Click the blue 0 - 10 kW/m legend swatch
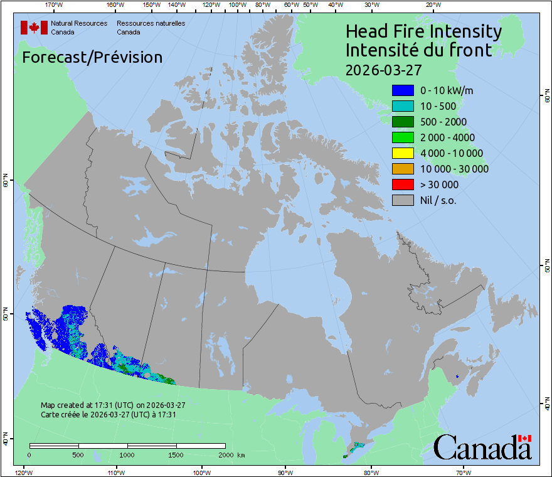(x=402, y=90)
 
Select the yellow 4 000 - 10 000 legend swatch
(x=402, y=153)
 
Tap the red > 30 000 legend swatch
(x=402, y=185)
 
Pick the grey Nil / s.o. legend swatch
(x=402, y=200)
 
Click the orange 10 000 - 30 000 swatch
(x=402, y=169)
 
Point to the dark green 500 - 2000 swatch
(x=402, y=122)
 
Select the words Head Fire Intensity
(x=423, y=31)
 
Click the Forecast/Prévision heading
(x=92, y=57)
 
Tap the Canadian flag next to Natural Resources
(x=34, y=28)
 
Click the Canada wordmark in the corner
(x=482, y=448)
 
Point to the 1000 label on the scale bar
(x=127, y=454)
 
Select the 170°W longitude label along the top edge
(x=54, y=5)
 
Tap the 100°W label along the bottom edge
(x=201, y=472)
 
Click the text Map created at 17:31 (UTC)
(x=112, y=405)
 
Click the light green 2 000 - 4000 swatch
(x=402, y=137)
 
